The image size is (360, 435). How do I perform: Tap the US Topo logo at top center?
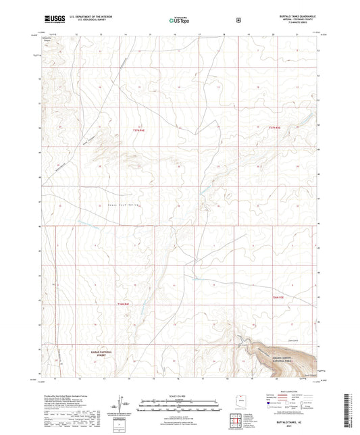(x=179, y=20)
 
